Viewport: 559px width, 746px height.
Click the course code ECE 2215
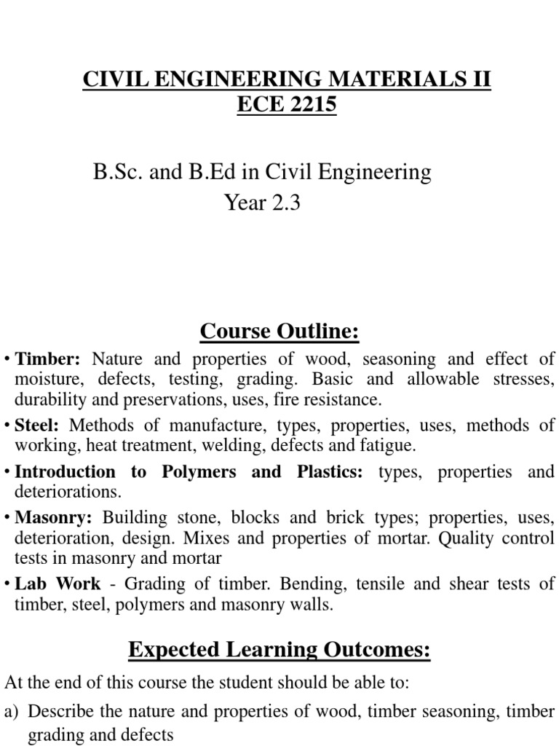pos(287,105)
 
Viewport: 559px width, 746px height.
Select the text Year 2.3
pos(262,203)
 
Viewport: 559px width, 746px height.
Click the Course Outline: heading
pos(279,332)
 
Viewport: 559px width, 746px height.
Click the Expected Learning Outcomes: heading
pos(279,650)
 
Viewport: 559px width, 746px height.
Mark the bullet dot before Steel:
pos(7,425)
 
